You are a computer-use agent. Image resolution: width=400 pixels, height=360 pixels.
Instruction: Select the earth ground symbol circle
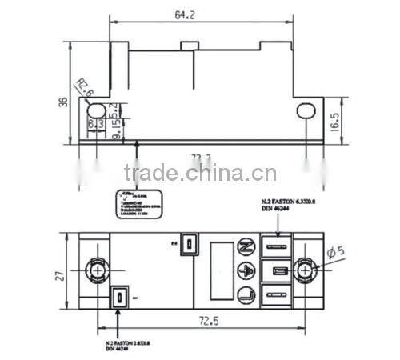pos(246,270)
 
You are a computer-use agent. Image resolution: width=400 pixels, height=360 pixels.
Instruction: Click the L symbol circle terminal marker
pos(246,294)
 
